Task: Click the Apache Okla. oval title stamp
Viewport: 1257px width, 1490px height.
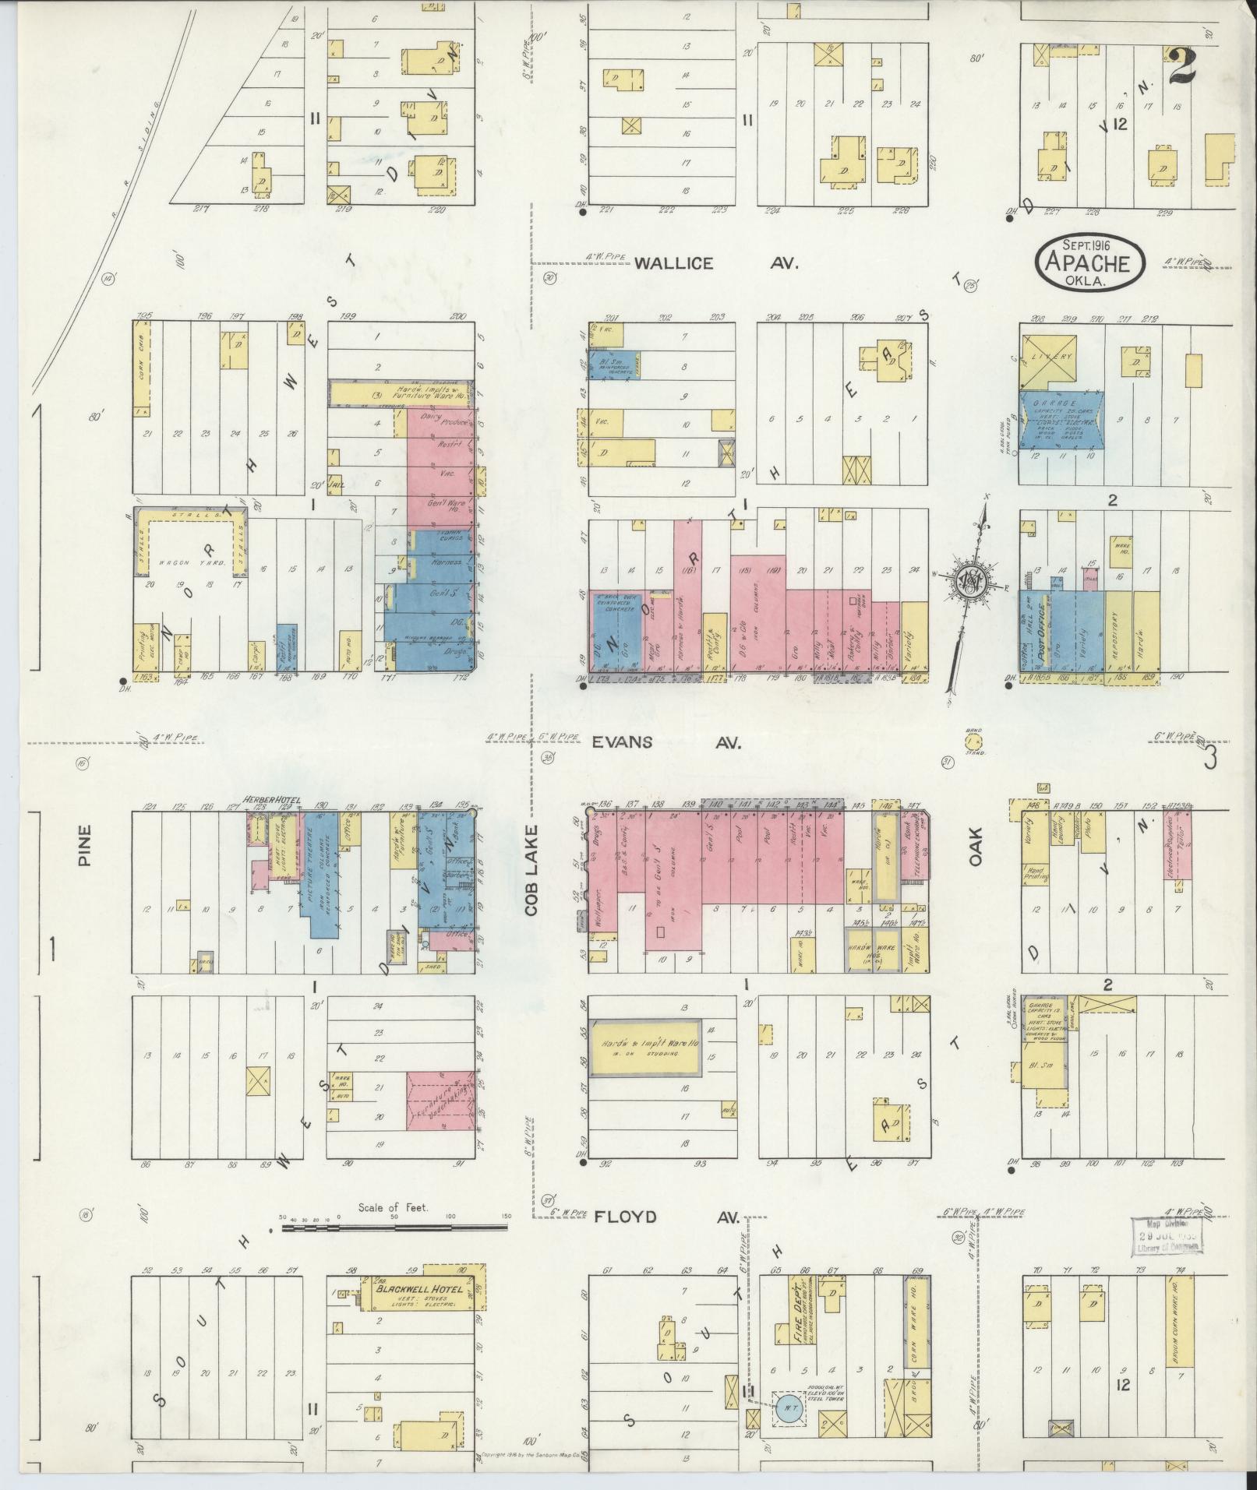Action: (1089, 262)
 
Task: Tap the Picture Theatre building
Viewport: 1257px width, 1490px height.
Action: (321, 872)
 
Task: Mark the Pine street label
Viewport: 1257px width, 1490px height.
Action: (85, 845)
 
